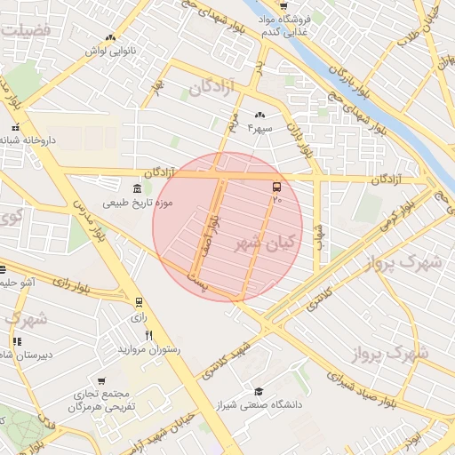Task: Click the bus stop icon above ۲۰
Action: (x=276, y=187)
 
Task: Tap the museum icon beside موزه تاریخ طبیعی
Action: (x=136, y=189)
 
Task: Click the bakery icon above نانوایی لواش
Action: (x=109, y=37)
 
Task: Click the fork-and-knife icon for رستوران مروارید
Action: (x=149, y=335)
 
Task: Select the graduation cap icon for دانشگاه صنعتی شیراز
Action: (x=259, y=392)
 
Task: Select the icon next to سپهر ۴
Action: (x=260, y=116)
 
